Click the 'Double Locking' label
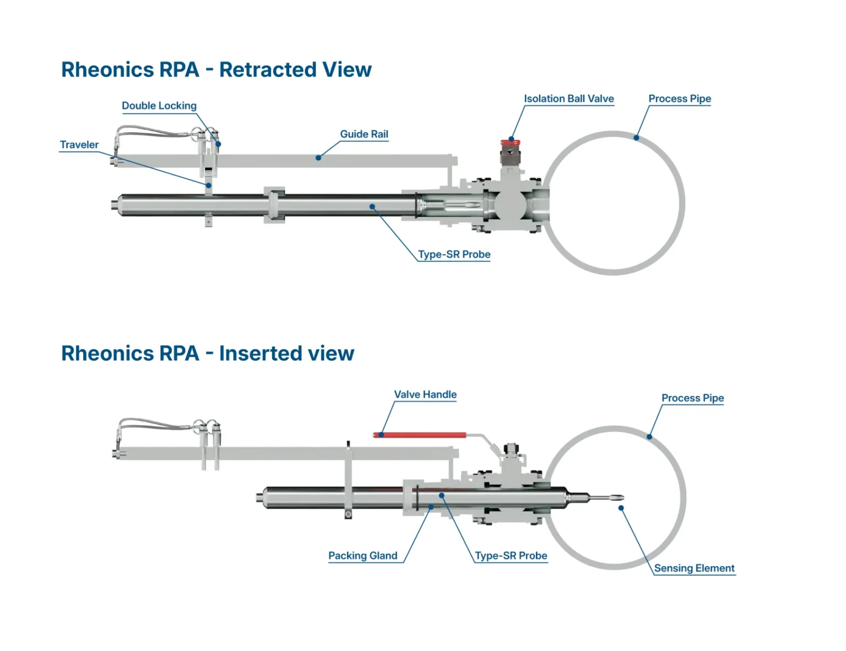point(159,105)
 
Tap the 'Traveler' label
point(79,145)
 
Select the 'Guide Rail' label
point(364,134)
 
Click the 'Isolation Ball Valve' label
point(569,99)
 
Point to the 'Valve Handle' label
point(425,394)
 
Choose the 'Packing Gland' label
point(363,555)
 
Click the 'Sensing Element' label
point(694,568)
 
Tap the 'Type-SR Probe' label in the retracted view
point(454,254)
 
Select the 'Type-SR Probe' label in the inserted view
point(511,555)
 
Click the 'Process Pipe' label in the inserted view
point(692,398)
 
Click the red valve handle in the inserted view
point(420,435)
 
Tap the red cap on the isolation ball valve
point(510,142)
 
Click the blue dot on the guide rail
point(318,158)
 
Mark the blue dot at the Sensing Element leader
point(621,508)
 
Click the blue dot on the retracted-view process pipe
point(636,137)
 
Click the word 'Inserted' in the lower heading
point(261,353)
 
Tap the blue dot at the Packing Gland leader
point(431,507)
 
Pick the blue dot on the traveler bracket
point(209,186)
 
